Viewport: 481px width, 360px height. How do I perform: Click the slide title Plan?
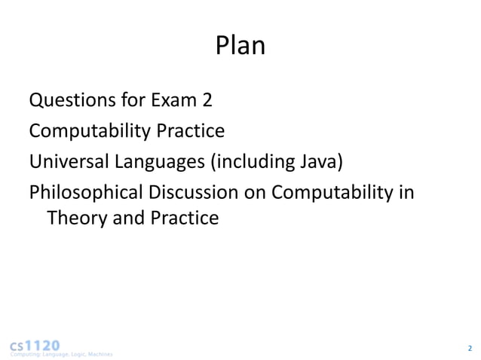[240, 47]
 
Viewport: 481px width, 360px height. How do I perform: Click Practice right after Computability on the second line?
[190, 132]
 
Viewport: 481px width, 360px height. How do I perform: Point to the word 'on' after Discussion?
[255, 194]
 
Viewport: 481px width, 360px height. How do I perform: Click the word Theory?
[75, 219]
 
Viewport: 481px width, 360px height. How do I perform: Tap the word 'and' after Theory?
[122, 219]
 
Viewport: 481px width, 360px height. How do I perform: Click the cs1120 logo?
[35, 344]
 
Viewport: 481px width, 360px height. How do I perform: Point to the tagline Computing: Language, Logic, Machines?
[60, 354]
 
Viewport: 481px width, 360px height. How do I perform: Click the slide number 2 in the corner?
[469, 348]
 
